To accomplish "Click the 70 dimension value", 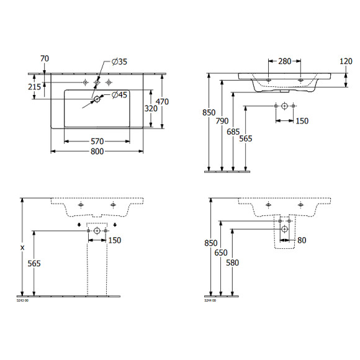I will [x=44, y=58].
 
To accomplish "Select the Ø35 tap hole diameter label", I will [x=119, y=62].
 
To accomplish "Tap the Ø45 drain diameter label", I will [x=119, y=95].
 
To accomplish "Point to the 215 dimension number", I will [x=35, y=87].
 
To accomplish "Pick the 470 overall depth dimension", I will [x=162, y=102].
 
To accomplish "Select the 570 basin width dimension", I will [x=96, y=142].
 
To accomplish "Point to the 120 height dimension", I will [x=346, y=61].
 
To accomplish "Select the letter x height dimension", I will [x=23, y=247].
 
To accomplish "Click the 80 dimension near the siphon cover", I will [x=302, y=240].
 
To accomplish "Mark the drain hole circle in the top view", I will [x=97, y=99].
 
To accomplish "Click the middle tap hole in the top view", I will [x=97, y=83].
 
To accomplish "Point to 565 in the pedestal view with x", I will [x=34, y=264].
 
